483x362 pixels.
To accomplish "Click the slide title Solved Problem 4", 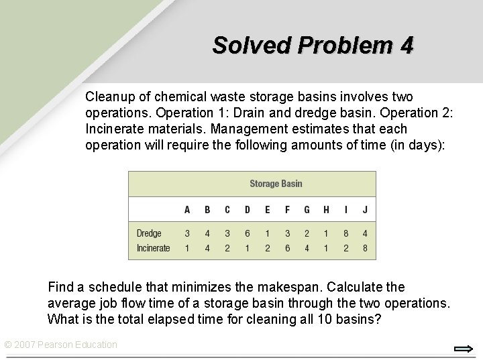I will click(313, 45).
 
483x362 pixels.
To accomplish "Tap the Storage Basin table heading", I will click(276, 183).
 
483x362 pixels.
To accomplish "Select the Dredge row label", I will click(149, 233).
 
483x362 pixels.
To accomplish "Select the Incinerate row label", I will click(153, 248).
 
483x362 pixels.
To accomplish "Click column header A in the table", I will click(187, 210).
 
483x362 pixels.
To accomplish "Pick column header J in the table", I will click(365, 210).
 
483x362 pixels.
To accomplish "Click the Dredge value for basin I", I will click(345, 233).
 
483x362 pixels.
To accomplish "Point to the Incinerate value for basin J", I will click(365, 248).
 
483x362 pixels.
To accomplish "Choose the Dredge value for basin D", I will click(247, 233).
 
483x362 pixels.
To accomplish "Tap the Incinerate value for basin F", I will click(287, 248).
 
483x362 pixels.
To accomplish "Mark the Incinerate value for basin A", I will click(187, 248).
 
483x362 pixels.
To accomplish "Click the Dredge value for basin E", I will click(267, 233).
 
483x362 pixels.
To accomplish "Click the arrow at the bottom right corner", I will click(464, 349).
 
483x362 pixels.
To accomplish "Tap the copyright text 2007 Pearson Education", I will click(61, 345).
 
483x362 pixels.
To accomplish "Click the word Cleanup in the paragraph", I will click(107, 97).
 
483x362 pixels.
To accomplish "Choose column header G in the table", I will click(307, 210).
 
